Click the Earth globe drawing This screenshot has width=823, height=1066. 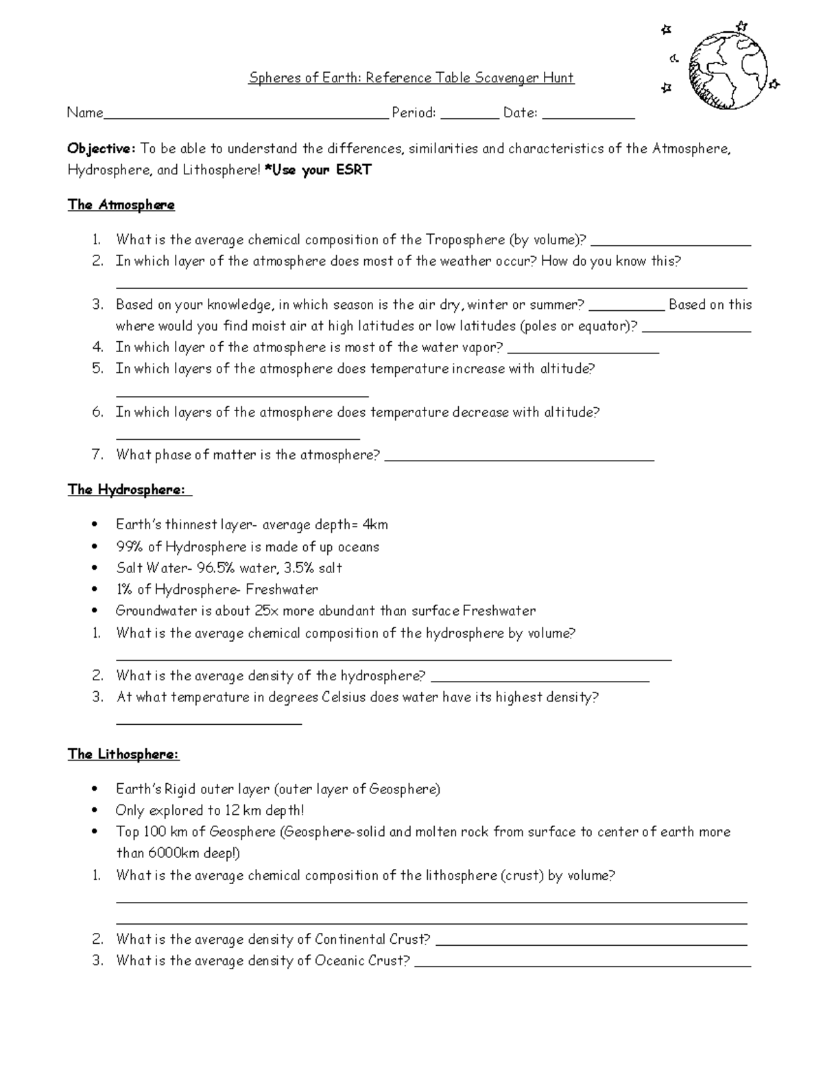point(728,70)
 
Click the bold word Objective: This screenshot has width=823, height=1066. point(102,149)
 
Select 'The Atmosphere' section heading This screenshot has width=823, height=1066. point(121,205)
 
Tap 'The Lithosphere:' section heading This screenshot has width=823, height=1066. point(123,754)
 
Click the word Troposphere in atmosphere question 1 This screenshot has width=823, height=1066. point(464,240)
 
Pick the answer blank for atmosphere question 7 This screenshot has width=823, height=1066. point(519,458)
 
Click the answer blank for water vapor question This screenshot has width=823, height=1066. point(583,350)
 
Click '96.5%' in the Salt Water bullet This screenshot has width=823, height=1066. point(216,568)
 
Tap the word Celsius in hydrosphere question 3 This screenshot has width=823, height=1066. point(344,697)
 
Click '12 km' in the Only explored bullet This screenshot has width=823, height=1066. point(242,811)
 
